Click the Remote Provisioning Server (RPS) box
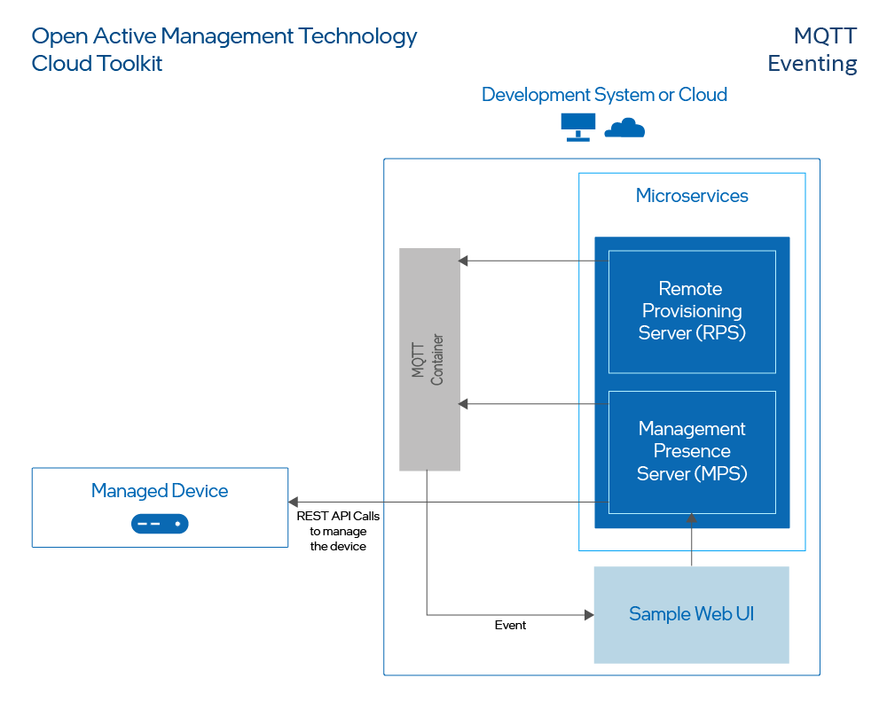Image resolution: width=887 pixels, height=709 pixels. pos(692,311)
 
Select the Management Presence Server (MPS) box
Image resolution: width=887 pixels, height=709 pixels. pos(692,451)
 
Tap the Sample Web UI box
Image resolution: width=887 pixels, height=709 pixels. pos(691,614)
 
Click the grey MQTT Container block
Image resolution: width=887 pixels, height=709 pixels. pos(429,359)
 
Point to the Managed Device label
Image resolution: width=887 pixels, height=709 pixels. pos(160,491)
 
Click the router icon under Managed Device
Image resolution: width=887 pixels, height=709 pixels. pos(160,524)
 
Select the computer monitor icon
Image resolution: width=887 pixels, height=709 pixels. pos(578,127)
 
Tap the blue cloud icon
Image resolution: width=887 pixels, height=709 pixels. pos(624,129)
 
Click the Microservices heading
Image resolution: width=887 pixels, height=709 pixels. pos(692,196)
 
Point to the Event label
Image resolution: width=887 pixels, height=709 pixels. pos(510,626)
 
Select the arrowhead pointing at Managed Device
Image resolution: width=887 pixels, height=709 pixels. pos(294,503)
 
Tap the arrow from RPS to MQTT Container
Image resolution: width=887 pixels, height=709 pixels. pos(532,261)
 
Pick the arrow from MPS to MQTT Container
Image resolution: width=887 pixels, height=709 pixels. pos(532,404)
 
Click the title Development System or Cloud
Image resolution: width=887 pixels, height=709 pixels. pos(604,95)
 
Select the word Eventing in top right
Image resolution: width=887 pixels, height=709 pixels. pos(812,64)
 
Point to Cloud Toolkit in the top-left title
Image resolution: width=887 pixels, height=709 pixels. pos(98,64)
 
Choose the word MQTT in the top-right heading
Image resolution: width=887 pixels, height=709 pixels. pos(825,35)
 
